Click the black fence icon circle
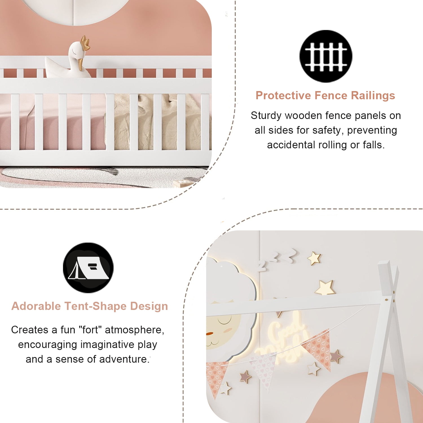click(326, 56)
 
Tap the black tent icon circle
click(88, 268)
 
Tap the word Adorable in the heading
click(36, 306)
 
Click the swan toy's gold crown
click(85, 42)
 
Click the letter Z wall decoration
click(262, 266)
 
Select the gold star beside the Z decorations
click(314, 258)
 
